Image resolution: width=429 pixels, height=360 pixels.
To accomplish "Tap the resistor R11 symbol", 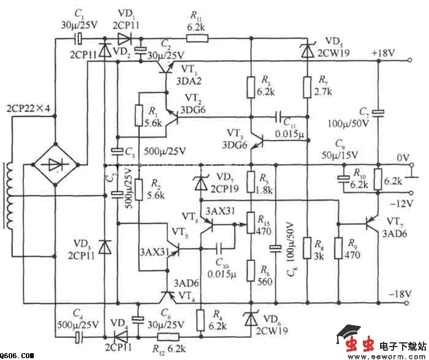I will pyautogui.click(x=196, y=39).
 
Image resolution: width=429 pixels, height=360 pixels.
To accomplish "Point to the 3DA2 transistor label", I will pyautogui.click(x=187, y=80).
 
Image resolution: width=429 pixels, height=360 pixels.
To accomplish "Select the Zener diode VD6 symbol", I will pyautogui.click(x=251, y=318).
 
